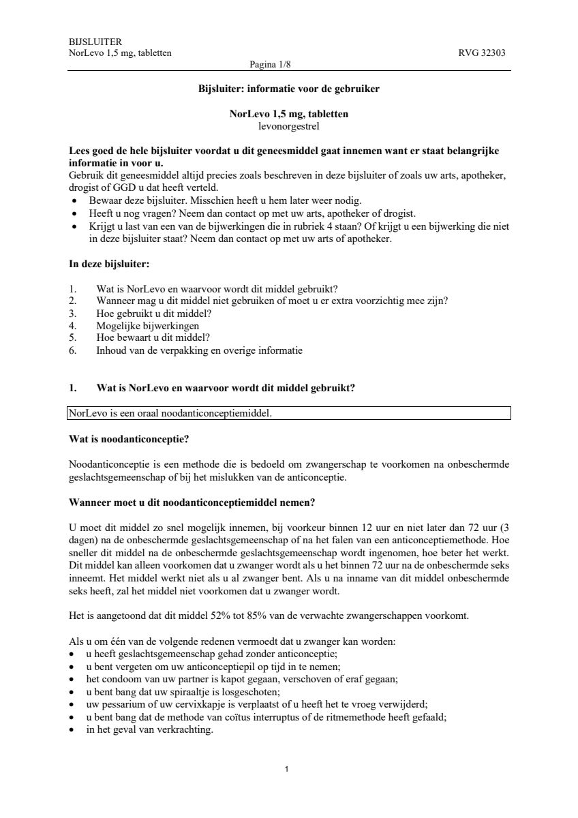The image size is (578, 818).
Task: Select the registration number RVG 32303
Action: (x=482, y=53)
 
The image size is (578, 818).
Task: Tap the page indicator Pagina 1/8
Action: (x=271, y=65)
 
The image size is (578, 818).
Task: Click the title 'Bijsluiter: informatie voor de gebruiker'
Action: (x=289, y=89)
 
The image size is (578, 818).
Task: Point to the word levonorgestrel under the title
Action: (x=289, y=125)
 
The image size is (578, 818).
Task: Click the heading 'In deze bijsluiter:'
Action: (x=109, y=264)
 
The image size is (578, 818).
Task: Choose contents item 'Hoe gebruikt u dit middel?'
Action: (x=154, y=314)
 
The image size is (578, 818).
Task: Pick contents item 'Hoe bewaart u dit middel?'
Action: (x=153, y=338)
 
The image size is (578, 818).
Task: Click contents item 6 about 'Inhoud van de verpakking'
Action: (x=199, y=350)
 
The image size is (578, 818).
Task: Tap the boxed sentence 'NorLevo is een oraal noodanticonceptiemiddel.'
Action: (x=170, y=413)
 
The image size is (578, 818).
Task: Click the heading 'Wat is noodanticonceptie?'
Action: (x=129, y=438)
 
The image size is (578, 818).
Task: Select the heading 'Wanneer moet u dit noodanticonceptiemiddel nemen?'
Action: (x=192, y=503)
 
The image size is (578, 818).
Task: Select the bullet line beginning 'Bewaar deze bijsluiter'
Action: (x=225, y=200)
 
